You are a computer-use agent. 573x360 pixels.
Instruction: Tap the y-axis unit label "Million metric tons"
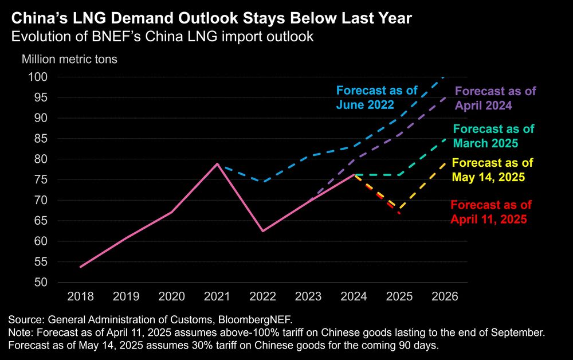pyautogui.click(x=69, y=60)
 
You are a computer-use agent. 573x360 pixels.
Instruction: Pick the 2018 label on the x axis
pyautogui.click(x=80, y=296)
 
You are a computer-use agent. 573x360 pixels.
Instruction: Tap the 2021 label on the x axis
pyautogui.click(x=217, y=296)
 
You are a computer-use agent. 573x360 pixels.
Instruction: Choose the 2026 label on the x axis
pyautogui.click(x=444, y=296)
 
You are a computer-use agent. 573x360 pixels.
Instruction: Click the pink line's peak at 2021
pyautogui.click(x=217, y=164)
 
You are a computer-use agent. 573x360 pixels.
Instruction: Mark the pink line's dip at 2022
pyautogui.click(x=262, y=231)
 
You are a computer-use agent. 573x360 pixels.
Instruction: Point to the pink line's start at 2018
pyautogui.click(x=81, y=267)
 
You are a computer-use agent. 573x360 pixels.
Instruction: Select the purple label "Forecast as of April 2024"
pyautogui.click(x=496, y=97)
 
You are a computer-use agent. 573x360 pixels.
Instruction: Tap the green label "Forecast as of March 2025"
pyautogui.click(x=493, y=135)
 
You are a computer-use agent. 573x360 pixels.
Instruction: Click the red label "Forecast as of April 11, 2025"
pyautogui.click(x=491, y=211)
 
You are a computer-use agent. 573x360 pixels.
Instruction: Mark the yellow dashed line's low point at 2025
pyautogui.click(x=399, y=209)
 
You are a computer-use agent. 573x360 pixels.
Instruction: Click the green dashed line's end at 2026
pyautogui.click(x=444, y=138)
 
